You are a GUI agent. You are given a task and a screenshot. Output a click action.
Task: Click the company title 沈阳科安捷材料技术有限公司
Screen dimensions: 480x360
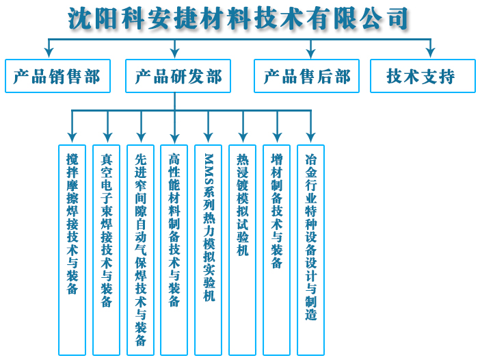tap(237, 18)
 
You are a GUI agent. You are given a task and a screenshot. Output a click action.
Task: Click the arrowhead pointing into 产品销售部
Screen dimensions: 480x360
tap(49, 53)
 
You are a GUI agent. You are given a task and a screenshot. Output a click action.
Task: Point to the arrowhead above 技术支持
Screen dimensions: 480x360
tap(430, 53)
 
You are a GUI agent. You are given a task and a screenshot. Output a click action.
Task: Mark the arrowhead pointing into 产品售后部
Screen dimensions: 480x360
tap(310, 53)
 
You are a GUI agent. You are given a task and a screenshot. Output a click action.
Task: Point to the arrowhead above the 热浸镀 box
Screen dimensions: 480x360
tap(243, 138)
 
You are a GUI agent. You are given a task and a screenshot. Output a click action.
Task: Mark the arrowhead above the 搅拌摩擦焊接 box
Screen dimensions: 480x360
tap(72, 138)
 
